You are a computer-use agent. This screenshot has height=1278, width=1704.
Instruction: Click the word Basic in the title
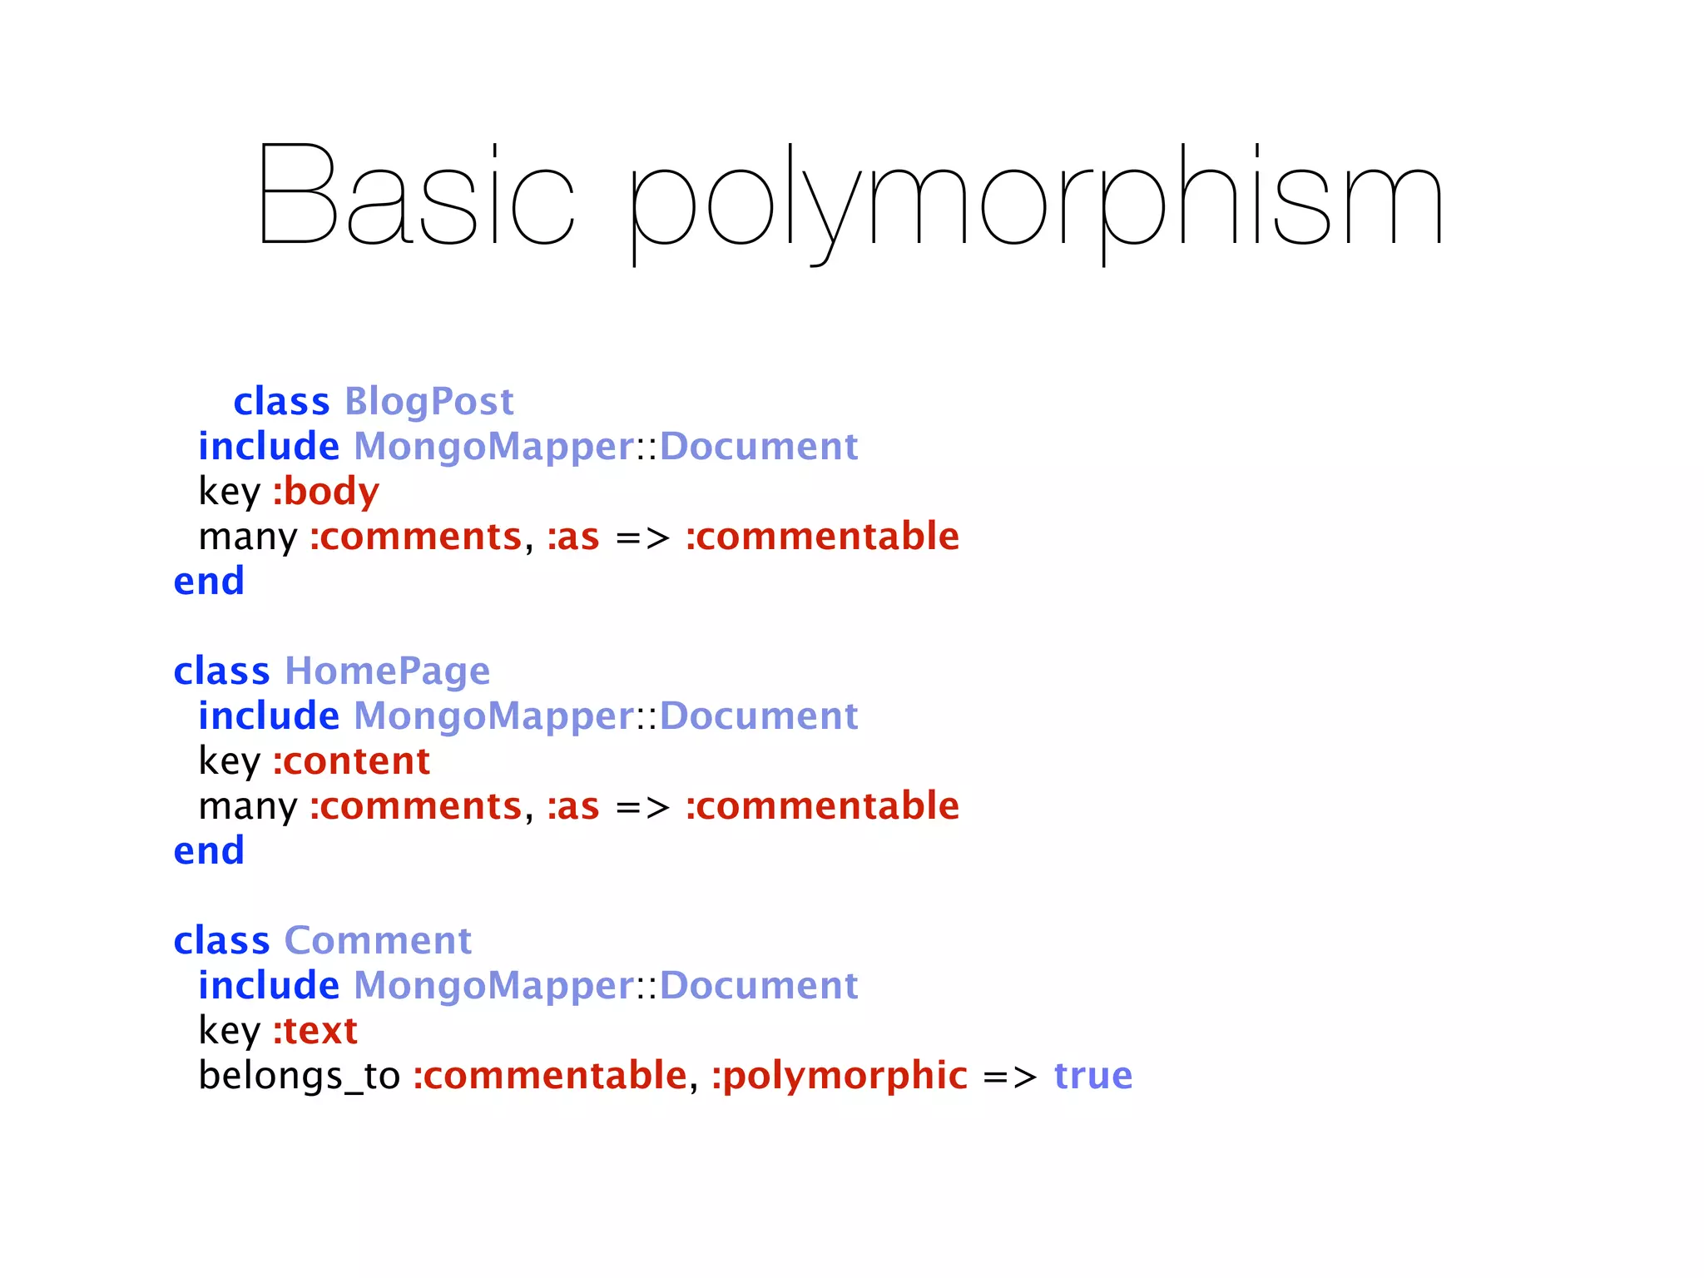pos(416,196)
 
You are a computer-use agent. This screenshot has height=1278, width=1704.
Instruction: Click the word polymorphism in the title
pos(1036,200)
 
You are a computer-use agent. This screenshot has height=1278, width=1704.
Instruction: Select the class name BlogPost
pos(428,402)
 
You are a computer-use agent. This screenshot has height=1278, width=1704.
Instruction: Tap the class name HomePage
pos(387,671)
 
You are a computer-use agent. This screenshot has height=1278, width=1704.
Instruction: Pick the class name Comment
pos(378,941)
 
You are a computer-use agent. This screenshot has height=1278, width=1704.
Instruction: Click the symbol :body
pos(326,492)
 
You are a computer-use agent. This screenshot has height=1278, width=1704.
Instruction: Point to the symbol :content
pos(351,761)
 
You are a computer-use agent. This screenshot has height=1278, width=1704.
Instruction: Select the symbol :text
pos(315,1031)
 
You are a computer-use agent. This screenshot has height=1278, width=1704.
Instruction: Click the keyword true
pos(1092,1076)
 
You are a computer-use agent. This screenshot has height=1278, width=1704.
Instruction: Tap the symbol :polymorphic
pos(839,1076)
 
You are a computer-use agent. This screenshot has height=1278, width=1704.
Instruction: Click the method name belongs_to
pos(299,1076)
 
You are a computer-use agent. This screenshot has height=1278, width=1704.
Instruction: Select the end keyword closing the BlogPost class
pos(209,582)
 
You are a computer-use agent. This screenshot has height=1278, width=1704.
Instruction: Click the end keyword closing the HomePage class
pos(209,851)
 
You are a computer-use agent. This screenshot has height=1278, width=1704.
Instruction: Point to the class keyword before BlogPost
pos(281,402)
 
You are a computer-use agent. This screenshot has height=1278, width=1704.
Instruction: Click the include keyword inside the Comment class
pos(269,986)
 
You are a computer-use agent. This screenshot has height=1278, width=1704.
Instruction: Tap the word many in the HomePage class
pos(247,806)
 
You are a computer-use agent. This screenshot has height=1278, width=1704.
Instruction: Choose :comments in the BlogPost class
pos(415,537)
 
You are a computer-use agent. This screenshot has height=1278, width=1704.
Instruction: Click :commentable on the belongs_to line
pos(550,1076)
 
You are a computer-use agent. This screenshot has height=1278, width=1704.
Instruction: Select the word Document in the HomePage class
pos(758,716)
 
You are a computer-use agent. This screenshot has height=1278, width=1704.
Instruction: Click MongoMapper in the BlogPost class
pos(494,447)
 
